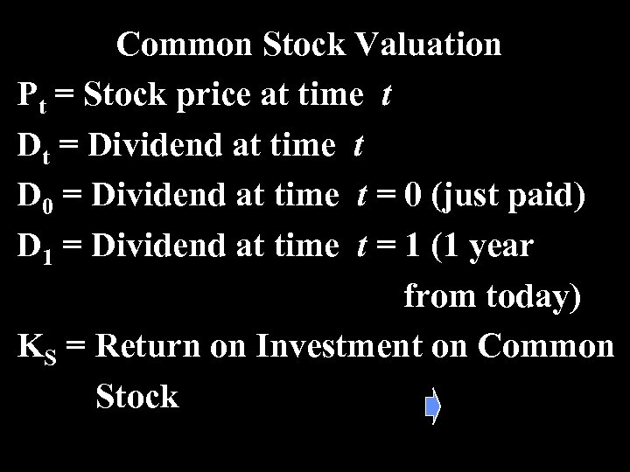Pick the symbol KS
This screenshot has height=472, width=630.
(x=37, y=348)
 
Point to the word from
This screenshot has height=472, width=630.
(x=434, y=297)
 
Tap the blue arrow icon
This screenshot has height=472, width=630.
(x=432, y=406)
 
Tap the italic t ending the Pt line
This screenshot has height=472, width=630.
(x=386, y=97)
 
